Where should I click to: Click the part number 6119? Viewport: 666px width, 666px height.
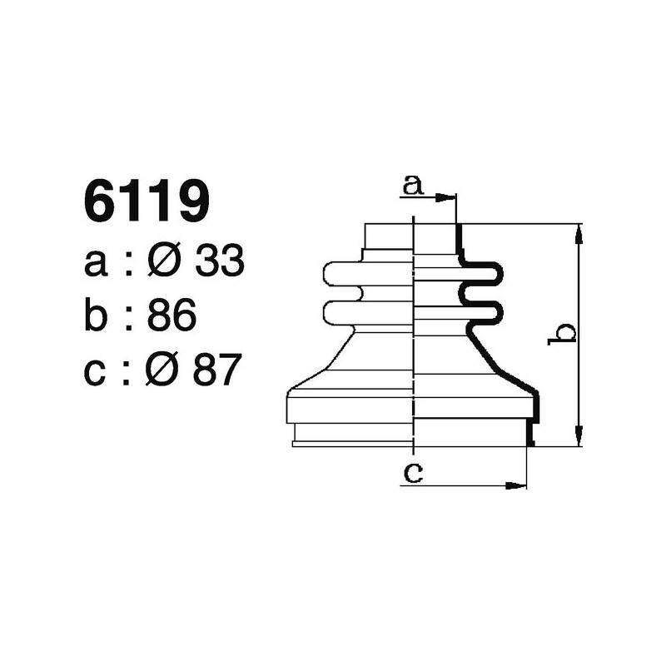[x=147, y=201]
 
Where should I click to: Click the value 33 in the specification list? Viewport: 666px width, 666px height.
[x=219, y=263]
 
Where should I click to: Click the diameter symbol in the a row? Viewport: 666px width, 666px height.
[x=163, y=263]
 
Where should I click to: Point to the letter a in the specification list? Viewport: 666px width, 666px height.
[x=96, y=265]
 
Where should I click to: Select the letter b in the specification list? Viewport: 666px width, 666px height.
[x=96, y=316]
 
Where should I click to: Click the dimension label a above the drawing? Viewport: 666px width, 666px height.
[x=412, y=185]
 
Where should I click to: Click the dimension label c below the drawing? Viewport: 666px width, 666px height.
[x=412, y=473]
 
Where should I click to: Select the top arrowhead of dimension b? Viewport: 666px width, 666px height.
[x=579, y=232]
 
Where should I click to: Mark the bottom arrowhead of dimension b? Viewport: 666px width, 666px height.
[x=579, y=438]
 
